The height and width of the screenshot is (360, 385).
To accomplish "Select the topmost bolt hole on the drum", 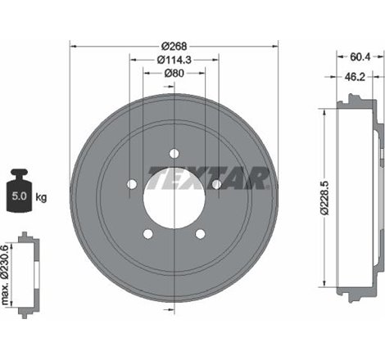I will point(174,152).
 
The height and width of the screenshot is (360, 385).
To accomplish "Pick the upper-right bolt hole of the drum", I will point(215,184).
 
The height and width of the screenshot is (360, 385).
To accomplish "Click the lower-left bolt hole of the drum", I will point(147,235).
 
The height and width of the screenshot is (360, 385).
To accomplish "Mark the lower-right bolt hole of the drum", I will point(199,235).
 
